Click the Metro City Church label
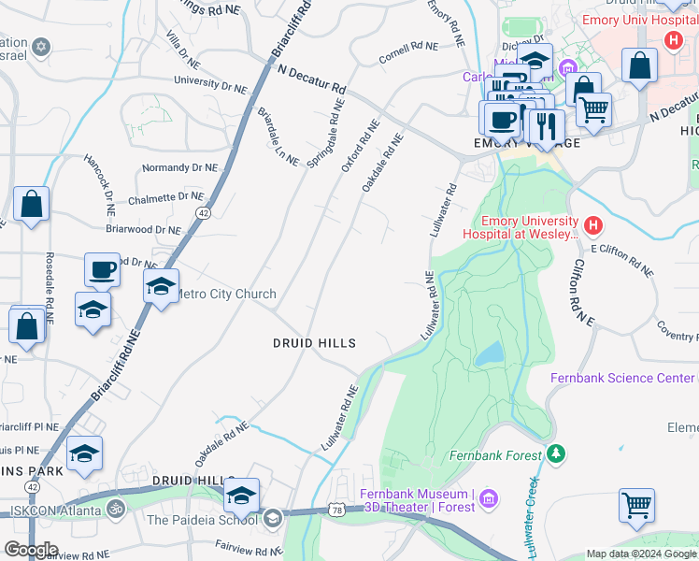coord(226,294)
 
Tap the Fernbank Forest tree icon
coord(557,454)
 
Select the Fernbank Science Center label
coord(624,378)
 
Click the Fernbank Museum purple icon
coord(488,501)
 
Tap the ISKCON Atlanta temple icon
coord(115,511)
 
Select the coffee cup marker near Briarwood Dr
coord(103,271)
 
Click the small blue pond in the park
coord(489,353)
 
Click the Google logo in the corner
coord(31,550)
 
